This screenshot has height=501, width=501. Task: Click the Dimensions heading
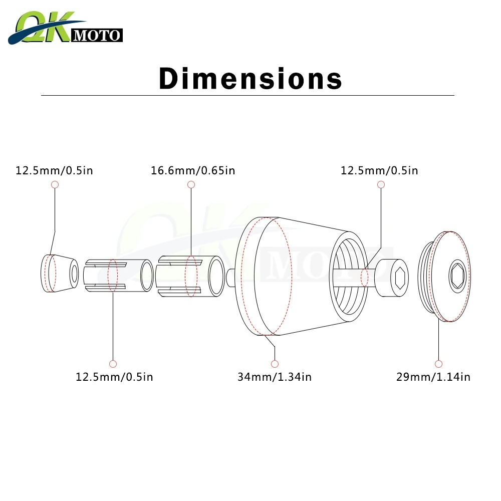click(250, 78)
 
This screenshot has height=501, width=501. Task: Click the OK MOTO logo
click(65, 28)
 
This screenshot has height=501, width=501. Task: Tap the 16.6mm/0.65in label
click(193, 171)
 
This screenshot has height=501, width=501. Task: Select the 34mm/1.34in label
click(275, 377)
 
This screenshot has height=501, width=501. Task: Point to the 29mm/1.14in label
click(433, 377)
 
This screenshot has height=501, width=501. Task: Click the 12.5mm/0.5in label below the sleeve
click(114, 377)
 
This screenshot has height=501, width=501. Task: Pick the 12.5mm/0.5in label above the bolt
click(379, 171)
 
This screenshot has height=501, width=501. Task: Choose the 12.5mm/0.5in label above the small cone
click(54, 171)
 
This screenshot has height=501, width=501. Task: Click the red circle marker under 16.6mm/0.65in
click(191, 184)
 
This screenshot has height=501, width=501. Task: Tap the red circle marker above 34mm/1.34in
click(275, 364)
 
